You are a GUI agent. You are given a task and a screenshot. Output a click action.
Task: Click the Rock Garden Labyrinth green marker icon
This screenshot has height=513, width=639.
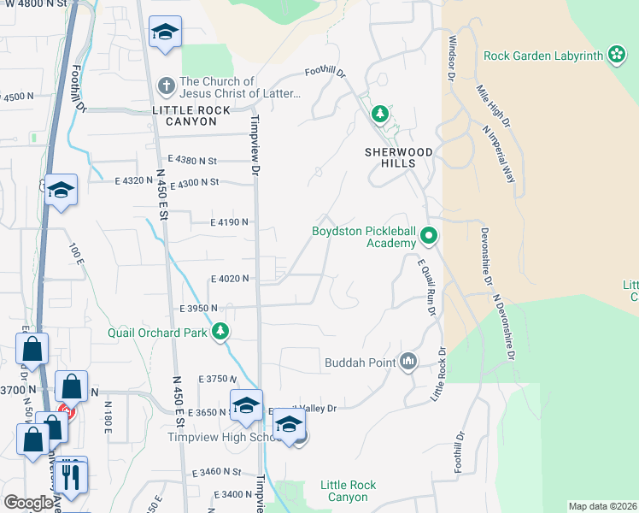pos(616,56)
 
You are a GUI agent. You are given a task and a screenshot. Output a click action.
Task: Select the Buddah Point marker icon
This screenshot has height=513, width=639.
pos(408,363)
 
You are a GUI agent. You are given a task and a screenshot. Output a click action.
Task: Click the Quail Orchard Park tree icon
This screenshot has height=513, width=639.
pos(220,332)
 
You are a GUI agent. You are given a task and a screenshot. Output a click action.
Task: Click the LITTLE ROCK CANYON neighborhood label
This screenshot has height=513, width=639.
pos(185,116)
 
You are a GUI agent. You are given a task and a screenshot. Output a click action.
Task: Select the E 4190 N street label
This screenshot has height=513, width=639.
pos(229,222)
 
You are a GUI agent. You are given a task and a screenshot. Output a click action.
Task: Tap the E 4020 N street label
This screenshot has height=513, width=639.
pos(229,279)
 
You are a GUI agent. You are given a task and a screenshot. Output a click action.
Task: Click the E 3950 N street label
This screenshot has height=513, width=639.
pos(199,308)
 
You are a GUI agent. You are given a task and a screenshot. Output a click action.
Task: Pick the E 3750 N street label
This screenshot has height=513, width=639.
pos(215,379)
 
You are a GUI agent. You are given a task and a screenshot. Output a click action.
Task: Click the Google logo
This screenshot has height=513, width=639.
pos(29,503)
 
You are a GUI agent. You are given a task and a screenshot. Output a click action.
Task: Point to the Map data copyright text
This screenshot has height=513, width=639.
pos(602,506)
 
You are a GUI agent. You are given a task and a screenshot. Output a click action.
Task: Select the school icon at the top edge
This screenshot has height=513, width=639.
pos(165,33)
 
